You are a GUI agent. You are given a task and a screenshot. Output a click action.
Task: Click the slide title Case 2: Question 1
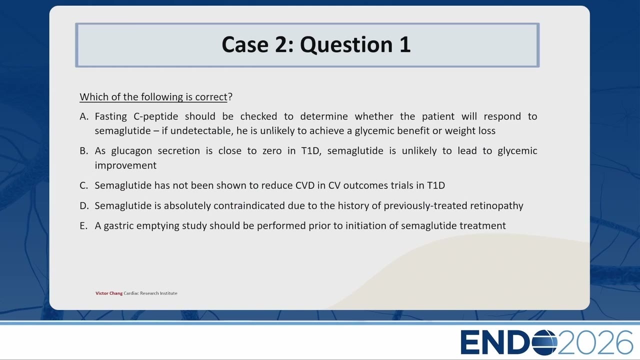(x=316, y=44)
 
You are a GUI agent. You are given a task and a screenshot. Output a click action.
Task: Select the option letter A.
(x=84, y=116)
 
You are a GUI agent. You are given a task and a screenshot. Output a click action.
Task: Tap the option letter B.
(x=83, y=150)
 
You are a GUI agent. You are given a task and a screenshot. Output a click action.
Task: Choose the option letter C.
(x=83, y=185)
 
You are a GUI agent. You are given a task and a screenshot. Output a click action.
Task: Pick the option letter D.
(x=84, y=205)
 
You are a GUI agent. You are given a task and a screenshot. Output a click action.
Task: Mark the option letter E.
(x=83, y=225)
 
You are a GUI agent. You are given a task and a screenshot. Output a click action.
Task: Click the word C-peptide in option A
(x=155, y=117)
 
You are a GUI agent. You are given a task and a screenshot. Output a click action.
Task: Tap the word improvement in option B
(x=125, y=165)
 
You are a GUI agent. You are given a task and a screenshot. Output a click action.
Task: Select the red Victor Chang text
(x=109, y=293)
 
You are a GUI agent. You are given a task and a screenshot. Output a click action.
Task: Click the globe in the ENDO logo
(x=544, y=342)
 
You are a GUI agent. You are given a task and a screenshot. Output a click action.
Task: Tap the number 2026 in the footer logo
(x=595, y=342)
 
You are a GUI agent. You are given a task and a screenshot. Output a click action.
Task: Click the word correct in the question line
(x=211, y=97)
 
